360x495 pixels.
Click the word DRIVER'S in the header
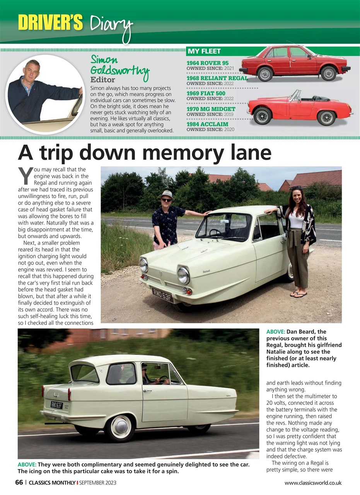coord(50,22)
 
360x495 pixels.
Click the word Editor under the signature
coord(102,80)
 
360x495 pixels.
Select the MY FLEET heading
coord(204,51)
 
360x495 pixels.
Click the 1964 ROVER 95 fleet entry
coord(207,63)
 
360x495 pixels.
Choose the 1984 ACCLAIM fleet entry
coord(207,124)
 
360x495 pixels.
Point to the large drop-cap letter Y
coord(24,176)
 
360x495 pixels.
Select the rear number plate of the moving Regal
coord(56,405)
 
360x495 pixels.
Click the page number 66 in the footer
coord(19,483)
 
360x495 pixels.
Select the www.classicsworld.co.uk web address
coord(313,483)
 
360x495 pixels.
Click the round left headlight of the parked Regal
coord(183,275)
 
